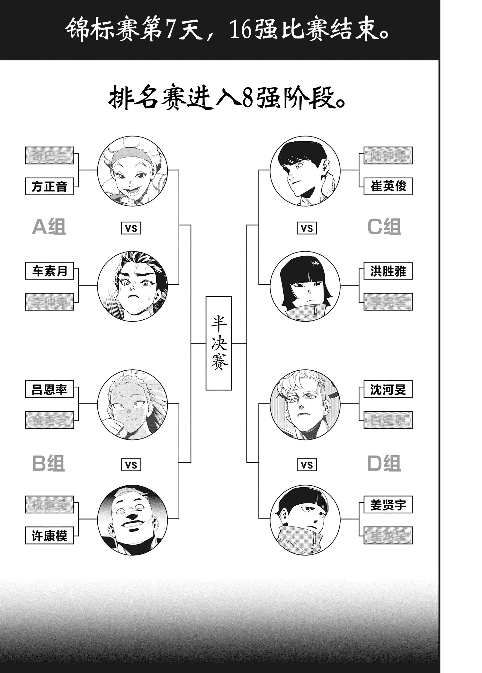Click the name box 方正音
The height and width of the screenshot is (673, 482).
coord(49,187)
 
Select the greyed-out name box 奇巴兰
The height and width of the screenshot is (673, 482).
coord(49,156)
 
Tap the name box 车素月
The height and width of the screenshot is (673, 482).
coord(49,271)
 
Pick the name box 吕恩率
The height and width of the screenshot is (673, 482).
coord(49,390)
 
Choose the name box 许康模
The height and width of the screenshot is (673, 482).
coord(49,536)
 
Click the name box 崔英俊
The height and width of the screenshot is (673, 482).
coord(388,187)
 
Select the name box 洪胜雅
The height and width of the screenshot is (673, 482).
coord(388,271)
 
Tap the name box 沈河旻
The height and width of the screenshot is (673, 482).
coord(388,390)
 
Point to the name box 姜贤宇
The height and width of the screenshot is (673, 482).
coord(388,505)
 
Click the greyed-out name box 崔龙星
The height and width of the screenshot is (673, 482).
coord(388,536)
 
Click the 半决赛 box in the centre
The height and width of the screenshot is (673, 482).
coord(219,343)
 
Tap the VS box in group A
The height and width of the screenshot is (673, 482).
coord(131,228)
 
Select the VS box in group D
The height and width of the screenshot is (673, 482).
coord(307,465)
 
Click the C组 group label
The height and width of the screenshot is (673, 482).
coord(384,227)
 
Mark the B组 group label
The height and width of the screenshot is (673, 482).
coord(49,464)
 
